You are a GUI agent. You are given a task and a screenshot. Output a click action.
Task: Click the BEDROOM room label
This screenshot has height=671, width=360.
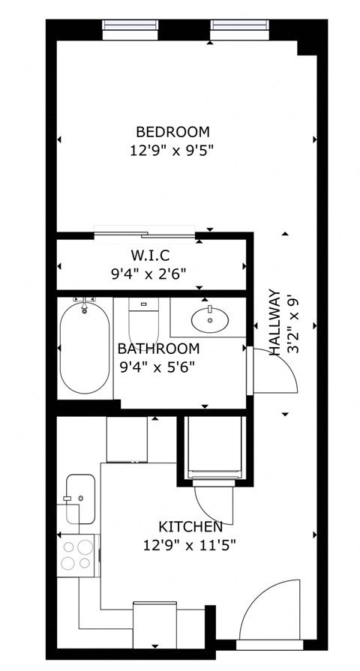(x=172, y=132)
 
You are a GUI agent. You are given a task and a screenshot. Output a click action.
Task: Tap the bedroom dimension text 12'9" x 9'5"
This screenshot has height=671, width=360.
(x=172, y=150)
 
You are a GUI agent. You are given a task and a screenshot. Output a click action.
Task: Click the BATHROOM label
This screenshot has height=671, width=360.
(x=159, y=349)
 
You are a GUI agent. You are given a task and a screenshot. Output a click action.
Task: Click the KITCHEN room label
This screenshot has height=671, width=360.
(x=190, y=527)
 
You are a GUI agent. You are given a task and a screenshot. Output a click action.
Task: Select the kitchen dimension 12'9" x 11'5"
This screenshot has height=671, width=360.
(x=190, y=545)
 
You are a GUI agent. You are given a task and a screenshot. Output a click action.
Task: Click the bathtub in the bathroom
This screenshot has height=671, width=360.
(x=84, y=348)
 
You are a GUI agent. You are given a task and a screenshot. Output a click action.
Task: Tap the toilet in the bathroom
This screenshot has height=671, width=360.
(x=144, y=321)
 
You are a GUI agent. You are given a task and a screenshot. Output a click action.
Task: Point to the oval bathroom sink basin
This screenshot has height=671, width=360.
(x=210, y=320)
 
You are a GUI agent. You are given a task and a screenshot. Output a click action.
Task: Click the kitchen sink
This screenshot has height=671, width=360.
(x=79, y=499)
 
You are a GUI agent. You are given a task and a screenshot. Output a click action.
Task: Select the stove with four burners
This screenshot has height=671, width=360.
(x=77, y=555)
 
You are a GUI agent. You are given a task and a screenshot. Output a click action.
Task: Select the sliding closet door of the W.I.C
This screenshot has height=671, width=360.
(x=145, y=235)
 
